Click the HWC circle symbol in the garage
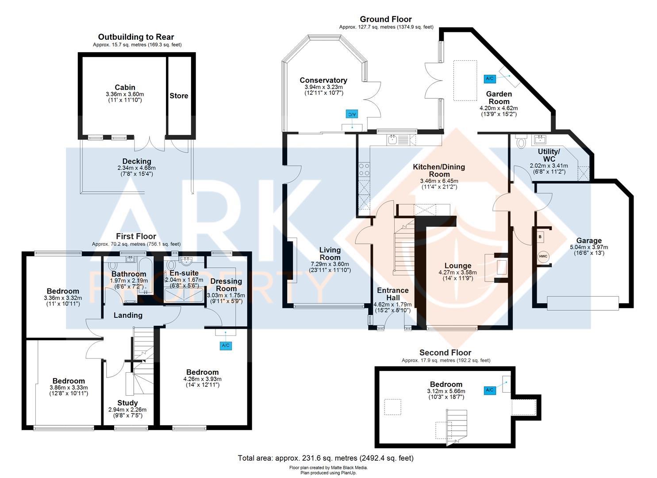543,256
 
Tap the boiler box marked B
540,237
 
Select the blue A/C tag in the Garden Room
489,79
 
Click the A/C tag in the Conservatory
352,114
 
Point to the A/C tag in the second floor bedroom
489,390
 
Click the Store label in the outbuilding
179,96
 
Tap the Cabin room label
125,87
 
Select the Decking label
137,161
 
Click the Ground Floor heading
386,19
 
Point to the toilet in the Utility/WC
521,142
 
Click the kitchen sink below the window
392,139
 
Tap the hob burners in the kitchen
364,170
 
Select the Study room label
127,403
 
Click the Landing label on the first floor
128,315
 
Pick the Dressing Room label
226,285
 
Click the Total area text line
326,458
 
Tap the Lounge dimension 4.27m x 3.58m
457,272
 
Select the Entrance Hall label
393,294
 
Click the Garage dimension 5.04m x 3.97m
589,247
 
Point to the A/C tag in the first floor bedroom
226,345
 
